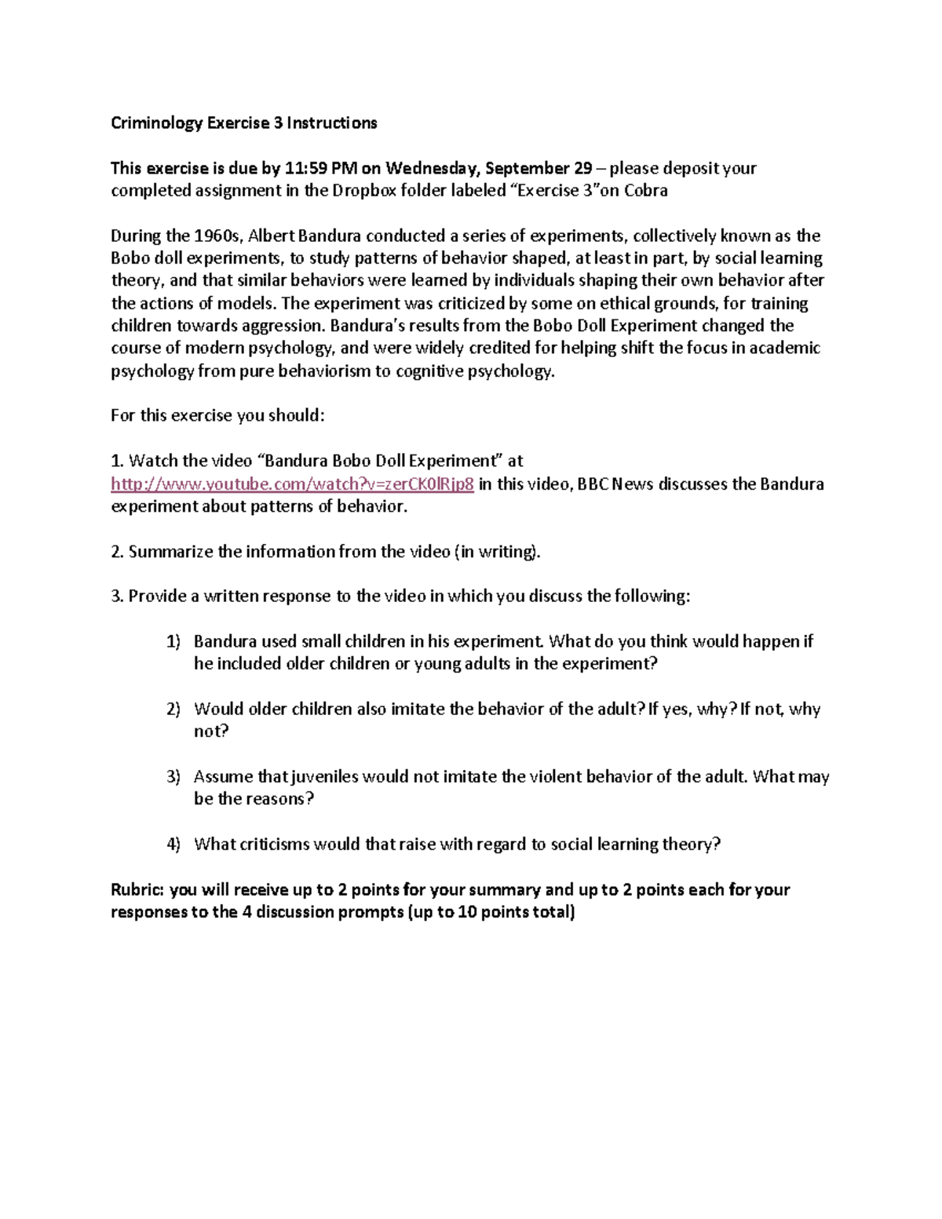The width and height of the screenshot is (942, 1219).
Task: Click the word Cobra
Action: pyautogui.click(x=645, y=191)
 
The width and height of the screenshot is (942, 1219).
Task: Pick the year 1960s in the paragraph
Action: pyautogui.click(x=218, y=236)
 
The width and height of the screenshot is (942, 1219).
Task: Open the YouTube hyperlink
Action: pyautogui.click(x=292, y=484)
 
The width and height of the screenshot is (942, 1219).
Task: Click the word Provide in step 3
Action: pyautogui.click(x=155, y=597)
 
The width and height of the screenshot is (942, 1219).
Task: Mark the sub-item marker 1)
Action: pyautogui.click(x=173, y=642)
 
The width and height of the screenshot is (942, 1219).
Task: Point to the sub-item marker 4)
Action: pyautogui.click(x=173, y=845)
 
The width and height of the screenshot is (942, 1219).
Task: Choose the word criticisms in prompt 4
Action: pyautogui.click(x=274, y=845)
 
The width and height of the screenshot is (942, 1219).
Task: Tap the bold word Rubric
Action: pyautogui.click(x=137, y=890)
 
